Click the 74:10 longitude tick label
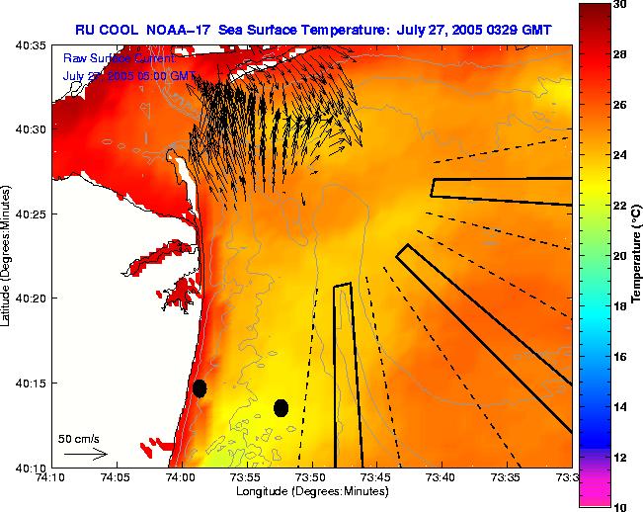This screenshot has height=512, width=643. tap(51, 477)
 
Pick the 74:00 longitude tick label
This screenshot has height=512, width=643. tap(182, 477)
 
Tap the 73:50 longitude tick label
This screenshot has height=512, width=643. tap(312, 477)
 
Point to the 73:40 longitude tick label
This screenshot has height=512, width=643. tap(442, 477)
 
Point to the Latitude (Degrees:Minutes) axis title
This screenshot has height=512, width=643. tap(8, 255)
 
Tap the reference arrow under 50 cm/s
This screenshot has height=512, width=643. tap(85, 455)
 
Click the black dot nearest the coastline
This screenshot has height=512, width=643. tap(200, 387)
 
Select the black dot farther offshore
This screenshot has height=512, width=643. tap(281, 407)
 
